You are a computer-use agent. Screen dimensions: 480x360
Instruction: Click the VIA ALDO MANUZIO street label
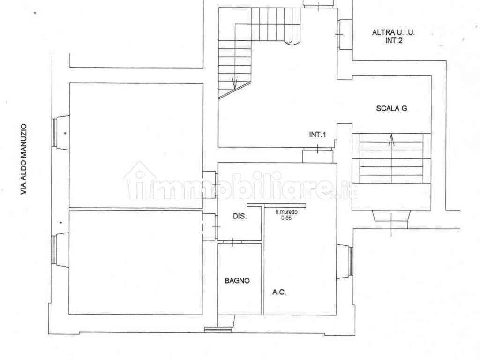point(23,159)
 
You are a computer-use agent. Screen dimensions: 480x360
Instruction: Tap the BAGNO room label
point(237,280)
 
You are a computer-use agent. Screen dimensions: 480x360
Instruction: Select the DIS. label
point(240,216)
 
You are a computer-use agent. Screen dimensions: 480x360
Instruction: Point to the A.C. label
point(279,292)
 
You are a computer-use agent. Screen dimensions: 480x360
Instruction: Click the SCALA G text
point(391,108)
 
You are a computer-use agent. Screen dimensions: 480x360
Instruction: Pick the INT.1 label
point(318,134)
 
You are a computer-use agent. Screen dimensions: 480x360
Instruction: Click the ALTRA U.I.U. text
point(393,32)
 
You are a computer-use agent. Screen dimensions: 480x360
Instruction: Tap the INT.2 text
point(394,40)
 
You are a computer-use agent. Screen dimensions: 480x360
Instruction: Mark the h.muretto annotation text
point(286,212)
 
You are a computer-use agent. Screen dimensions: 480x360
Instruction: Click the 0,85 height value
point(286,218)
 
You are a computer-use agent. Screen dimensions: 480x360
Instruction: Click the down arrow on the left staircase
point(235,83)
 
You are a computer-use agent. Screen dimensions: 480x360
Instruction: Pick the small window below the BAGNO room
point(219,330)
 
